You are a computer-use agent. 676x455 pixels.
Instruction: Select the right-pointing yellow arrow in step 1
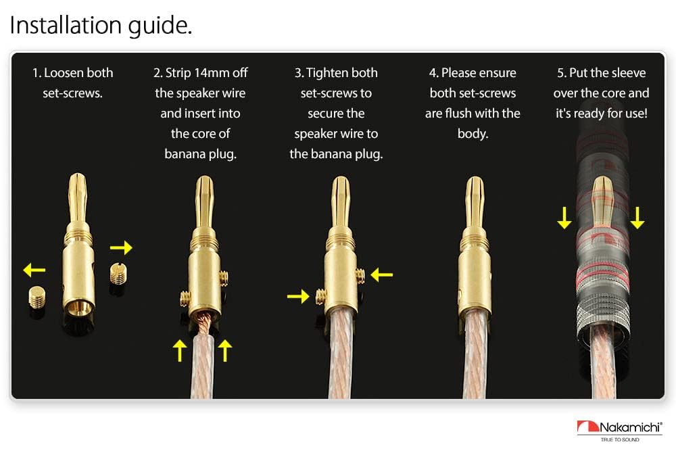pyautogui.click(x=121, y=247)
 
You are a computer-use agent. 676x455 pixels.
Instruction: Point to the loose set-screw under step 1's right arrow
pyautogui.click(x=118, y=273)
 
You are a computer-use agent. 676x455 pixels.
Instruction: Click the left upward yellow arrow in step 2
pyautogui.click(x=179, y=350)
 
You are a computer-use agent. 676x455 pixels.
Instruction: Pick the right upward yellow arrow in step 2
pyautogui.click(x=225, y=350)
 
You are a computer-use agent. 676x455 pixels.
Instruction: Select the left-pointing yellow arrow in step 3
pyautogui.click(x=381, y=274)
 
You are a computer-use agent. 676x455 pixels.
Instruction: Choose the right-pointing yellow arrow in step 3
pyautogui.click(x=297, y=295)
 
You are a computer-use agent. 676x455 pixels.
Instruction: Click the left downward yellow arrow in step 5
pyautogui.click(x=564, y=218)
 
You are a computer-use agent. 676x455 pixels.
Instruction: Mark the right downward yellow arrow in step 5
pyautogui.click(x=637, y=218)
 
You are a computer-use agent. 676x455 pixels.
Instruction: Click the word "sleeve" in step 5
pyautogui.click(x=627, y=73)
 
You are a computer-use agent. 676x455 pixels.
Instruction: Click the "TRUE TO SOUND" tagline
pyautogui.click(x=620, y=439)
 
